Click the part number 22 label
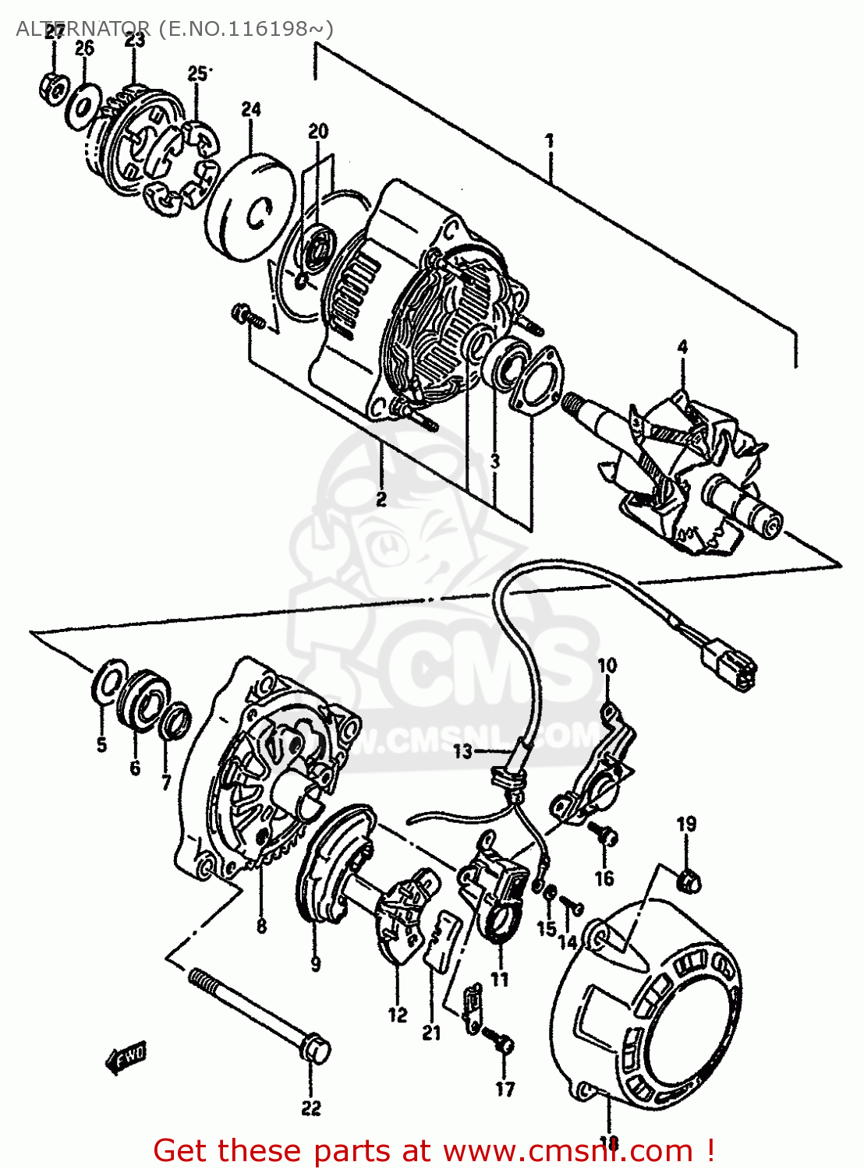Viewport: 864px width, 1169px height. tap(310, 1107)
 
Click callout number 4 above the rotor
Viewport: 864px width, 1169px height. tap(682, 347)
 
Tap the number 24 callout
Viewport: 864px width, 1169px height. tap(250, 110)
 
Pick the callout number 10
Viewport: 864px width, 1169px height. tap(607, 665)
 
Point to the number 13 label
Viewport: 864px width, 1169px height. tap(463, 751)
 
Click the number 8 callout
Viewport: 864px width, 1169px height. tap(261, 926)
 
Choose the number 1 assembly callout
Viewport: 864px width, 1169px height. tap(550, 141)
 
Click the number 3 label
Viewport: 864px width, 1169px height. tap(494, 461)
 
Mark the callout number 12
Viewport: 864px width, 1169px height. tap(398, 1015)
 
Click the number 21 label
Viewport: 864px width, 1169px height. tap(431, 1033)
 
